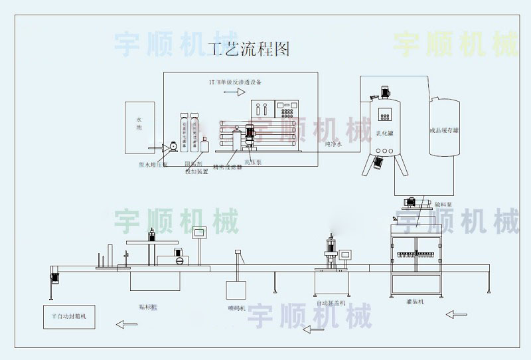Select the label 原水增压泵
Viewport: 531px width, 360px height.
(153, 163)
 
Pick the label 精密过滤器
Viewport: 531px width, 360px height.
(227, 167)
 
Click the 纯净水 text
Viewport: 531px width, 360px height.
(334, 143)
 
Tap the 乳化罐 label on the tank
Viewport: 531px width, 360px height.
(386, 133)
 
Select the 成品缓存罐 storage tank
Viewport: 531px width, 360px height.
(444, 128)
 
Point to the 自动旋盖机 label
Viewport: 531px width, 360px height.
(331, 302)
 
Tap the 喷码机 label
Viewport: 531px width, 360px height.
(236, 308)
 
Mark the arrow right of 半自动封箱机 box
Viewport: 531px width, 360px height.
(126, 324)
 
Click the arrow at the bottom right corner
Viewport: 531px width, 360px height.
(457, 313)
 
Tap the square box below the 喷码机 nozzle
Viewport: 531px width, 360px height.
(236, 290)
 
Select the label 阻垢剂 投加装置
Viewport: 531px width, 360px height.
(196, 168)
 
